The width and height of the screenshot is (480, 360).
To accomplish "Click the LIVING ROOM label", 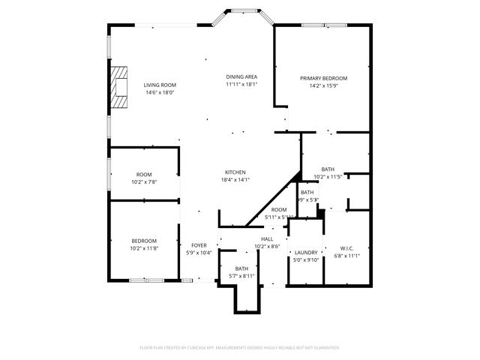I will coord(160,85).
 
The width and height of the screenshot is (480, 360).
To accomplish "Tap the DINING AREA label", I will coord(241,76).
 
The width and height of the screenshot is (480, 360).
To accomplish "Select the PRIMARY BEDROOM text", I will coord(323,78).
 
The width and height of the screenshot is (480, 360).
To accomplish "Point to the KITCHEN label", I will coord(234,172).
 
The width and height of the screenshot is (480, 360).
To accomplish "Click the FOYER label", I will coord(199,245).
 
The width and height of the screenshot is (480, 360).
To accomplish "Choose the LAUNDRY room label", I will coord(306,252).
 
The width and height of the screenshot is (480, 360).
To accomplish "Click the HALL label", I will coord(266,238).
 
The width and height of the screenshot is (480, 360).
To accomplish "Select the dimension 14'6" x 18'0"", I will coord(160,93).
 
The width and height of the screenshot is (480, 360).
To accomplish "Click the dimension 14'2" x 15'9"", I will coord(323,85).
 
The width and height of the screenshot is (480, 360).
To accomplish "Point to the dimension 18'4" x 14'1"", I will coord(234,179).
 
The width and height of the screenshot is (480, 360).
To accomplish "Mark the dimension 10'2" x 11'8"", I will coord(144,248).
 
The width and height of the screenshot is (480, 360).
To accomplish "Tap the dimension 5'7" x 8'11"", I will coord(241,276).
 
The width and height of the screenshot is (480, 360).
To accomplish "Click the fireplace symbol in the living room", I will coord(117,85).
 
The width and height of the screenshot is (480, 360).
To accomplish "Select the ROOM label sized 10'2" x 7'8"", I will coord(144,174).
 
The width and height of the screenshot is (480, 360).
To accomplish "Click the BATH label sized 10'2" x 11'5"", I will coord(328,169).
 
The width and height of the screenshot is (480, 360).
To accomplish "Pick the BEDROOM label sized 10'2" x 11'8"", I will coord(144,241).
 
